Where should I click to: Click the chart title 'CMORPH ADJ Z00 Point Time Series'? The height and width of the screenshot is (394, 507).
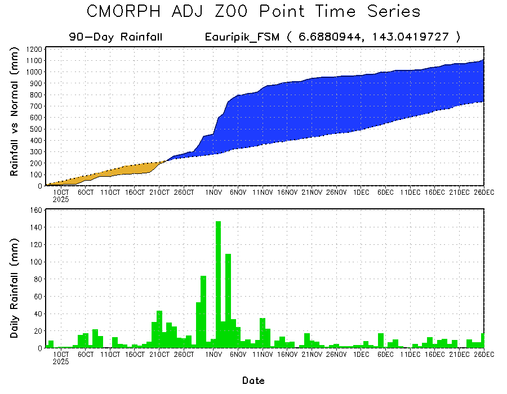(x=253, y=12)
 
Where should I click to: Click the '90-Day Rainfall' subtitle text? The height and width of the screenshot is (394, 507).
(x=115, y=37)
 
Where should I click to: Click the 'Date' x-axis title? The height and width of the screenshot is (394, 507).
(x=253, y=380)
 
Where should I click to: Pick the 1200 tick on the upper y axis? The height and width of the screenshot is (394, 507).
(x=34, y=49)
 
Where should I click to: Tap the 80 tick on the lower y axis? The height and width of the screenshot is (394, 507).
(x=38, y=279)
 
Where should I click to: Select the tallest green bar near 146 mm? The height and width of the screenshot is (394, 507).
(x=218, y=284)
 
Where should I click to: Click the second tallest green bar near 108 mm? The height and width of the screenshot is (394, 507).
(x=228, y=301)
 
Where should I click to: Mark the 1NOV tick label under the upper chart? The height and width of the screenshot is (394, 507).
(x=213, y=192)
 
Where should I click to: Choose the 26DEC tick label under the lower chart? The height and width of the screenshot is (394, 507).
(x=482, y=355)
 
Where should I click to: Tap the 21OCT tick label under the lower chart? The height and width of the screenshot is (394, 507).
(x=159, y=355)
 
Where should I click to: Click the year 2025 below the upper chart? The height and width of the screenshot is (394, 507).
(x=61, y=199)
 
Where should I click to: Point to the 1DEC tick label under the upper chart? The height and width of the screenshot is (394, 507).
(x=361, y=192)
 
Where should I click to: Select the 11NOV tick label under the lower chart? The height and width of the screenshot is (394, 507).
(x=262, y=355)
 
